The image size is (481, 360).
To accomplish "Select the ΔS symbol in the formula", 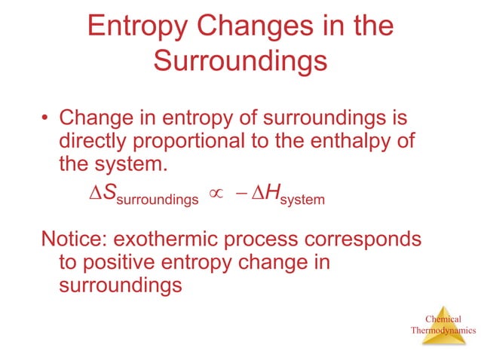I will click(101, 194).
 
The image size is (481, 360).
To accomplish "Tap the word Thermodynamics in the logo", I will click(443, 330).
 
